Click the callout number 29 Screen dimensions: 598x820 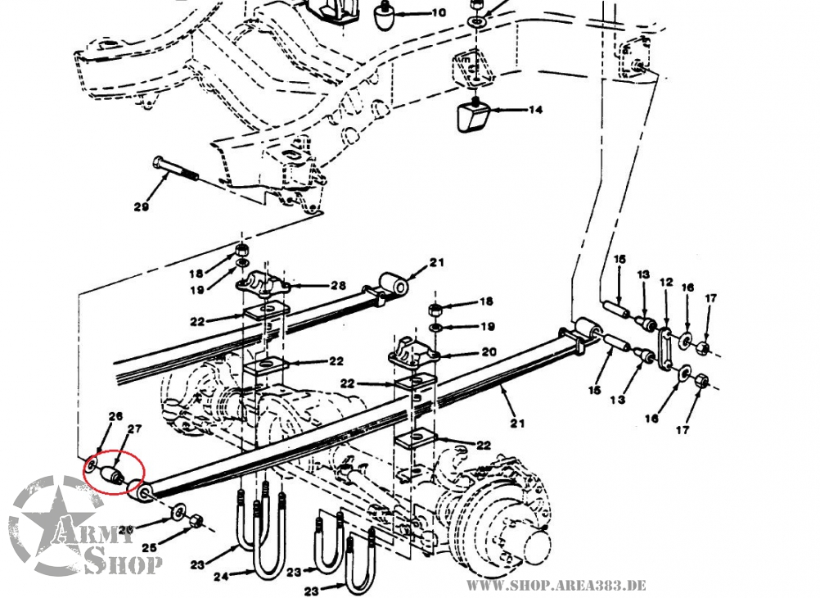point(141,207)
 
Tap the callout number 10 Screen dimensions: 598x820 point(439,13)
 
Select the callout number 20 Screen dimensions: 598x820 point(488,354)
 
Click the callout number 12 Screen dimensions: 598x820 point(666,283)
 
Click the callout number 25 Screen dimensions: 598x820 point(148,548)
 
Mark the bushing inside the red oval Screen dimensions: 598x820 point(111,475)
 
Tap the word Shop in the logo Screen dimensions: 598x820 point(124,564)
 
